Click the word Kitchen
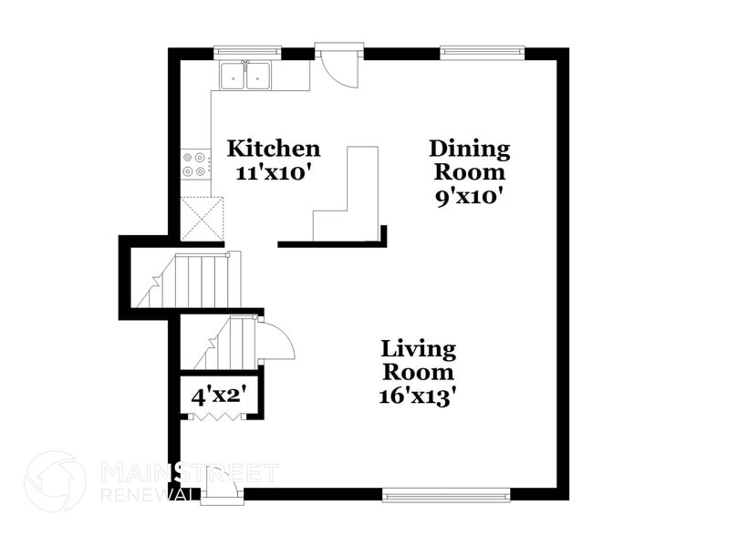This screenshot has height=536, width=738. click(x=273, y=148)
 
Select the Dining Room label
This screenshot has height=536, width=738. click(x=470, y=160)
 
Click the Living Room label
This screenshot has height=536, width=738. click(x=418, y=360)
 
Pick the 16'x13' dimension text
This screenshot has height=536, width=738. click(x=418, y=397)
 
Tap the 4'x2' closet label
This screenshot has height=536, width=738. click(x=218, y=397)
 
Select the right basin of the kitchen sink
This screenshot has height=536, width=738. click(x=260, y=77)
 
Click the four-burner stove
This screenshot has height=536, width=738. click(x=194, y=164)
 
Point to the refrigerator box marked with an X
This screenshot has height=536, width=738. click(x=202, y=219)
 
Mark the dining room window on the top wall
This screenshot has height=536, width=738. click(x=483, y=53)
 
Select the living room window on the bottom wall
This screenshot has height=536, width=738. click(x=446, y=495)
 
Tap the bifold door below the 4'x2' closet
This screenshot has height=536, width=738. click(x=219, y=416)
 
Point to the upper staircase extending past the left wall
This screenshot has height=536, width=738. click(x=187, y=281)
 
